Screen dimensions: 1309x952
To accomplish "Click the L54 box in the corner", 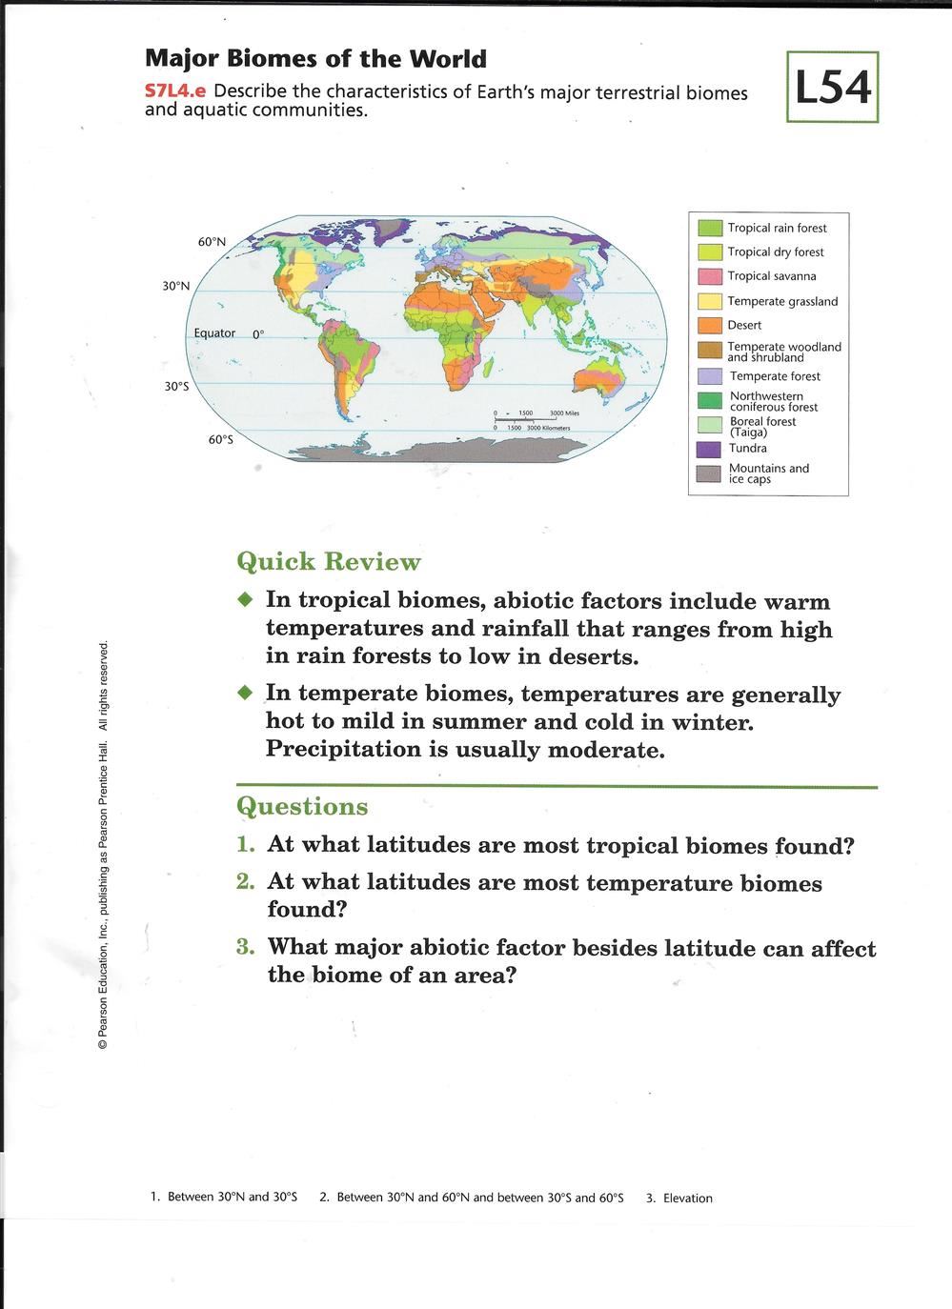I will point(832,88).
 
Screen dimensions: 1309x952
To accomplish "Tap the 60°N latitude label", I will point(212,242).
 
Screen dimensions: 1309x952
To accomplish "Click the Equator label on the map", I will point(214,333).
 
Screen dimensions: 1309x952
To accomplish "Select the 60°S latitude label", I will point(220,440).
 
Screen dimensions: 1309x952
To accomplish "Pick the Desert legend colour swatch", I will point(710,326).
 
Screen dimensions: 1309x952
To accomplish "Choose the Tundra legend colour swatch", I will point(710,449).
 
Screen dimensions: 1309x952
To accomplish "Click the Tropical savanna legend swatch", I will point(710,276).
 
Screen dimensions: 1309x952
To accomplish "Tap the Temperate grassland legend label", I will point(782,301).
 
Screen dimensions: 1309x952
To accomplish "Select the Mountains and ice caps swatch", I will point(710,473).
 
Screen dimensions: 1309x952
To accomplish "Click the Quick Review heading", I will point(328,561).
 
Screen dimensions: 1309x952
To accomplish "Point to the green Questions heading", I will point(302,807).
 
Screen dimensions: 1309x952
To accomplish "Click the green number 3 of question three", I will point(246,947).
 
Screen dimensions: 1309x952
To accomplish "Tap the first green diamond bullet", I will point(246,600).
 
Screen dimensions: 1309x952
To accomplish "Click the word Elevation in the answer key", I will point(687,1198).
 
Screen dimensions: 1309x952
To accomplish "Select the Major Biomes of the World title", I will point(315,59).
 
